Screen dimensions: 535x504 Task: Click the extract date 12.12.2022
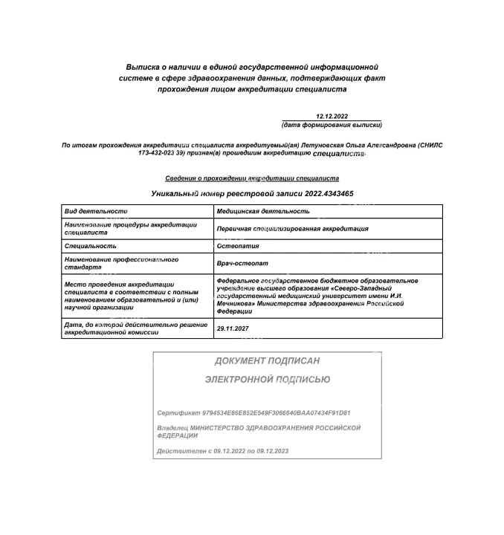tap(332, 117)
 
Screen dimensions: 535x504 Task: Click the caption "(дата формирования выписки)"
tap(332, 124)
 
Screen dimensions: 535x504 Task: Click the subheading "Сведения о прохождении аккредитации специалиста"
tap(252, 178)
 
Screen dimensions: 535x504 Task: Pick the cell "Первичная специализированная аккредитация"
tap(292, 229)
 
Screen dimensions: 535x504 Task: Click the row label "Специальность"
tap(90, 246)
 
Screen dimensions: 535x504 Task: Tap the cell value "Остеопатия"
tap(238, 246)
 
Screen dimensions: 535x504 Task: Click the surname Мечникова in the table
tap(235, 304)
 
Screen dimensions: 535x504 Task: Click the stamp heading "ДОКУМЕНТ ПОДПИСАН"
tap(267, 361)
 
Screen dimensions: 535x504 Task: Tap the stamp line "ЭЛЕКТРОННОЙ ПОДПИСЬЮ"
tap(267, 380)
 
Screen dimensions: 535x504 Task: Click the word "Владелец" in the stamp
tap(172, 429)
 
